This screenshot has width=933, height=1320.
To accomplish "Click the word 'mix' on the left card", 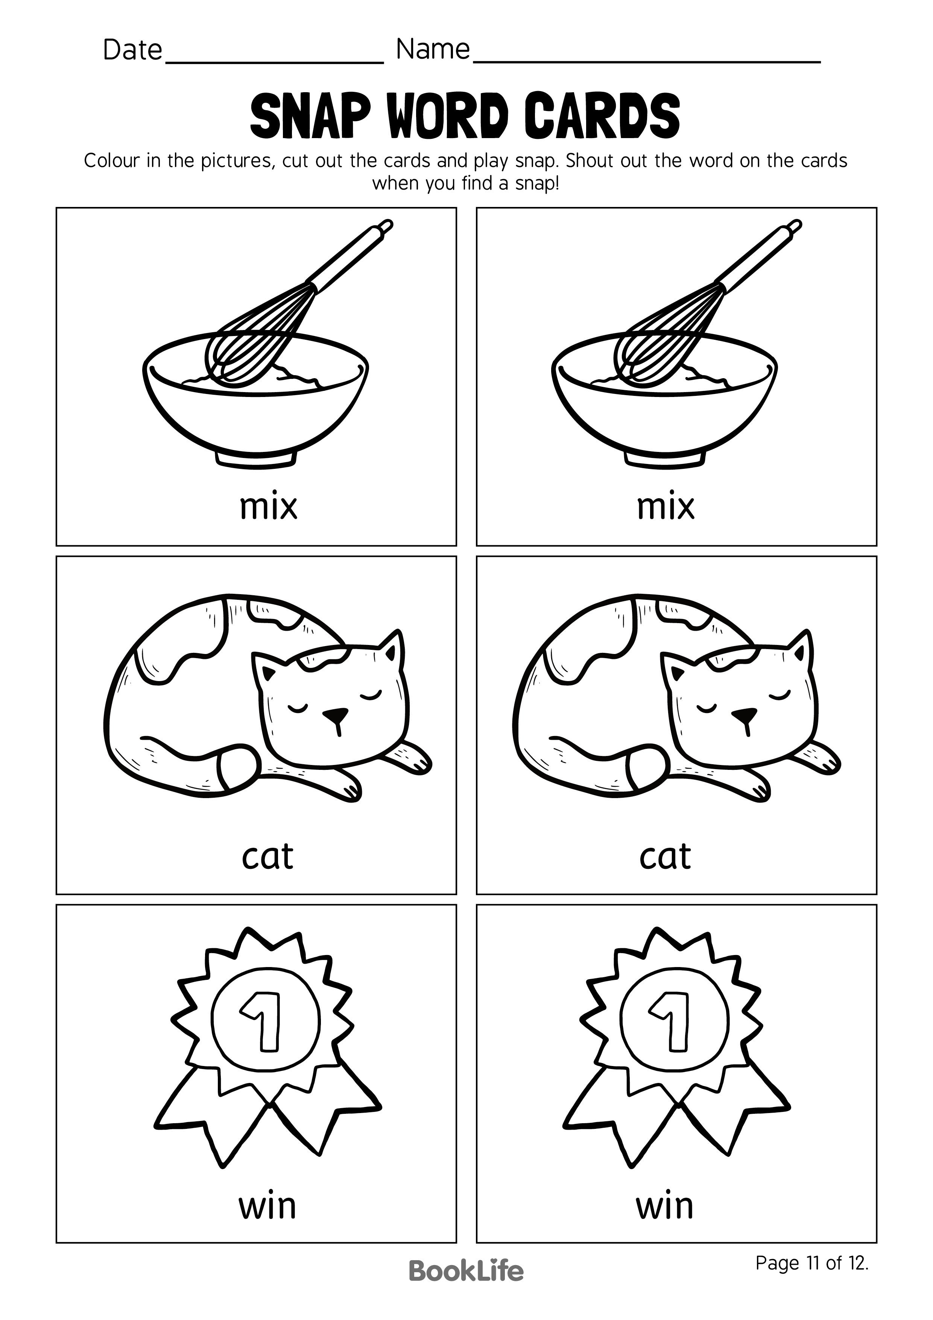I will (268, 506).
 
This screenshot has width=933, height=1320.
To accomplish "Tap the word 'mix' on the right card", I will (665, 506).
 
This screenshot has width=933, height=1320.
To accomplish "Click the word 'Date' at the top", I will (132, 50).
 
